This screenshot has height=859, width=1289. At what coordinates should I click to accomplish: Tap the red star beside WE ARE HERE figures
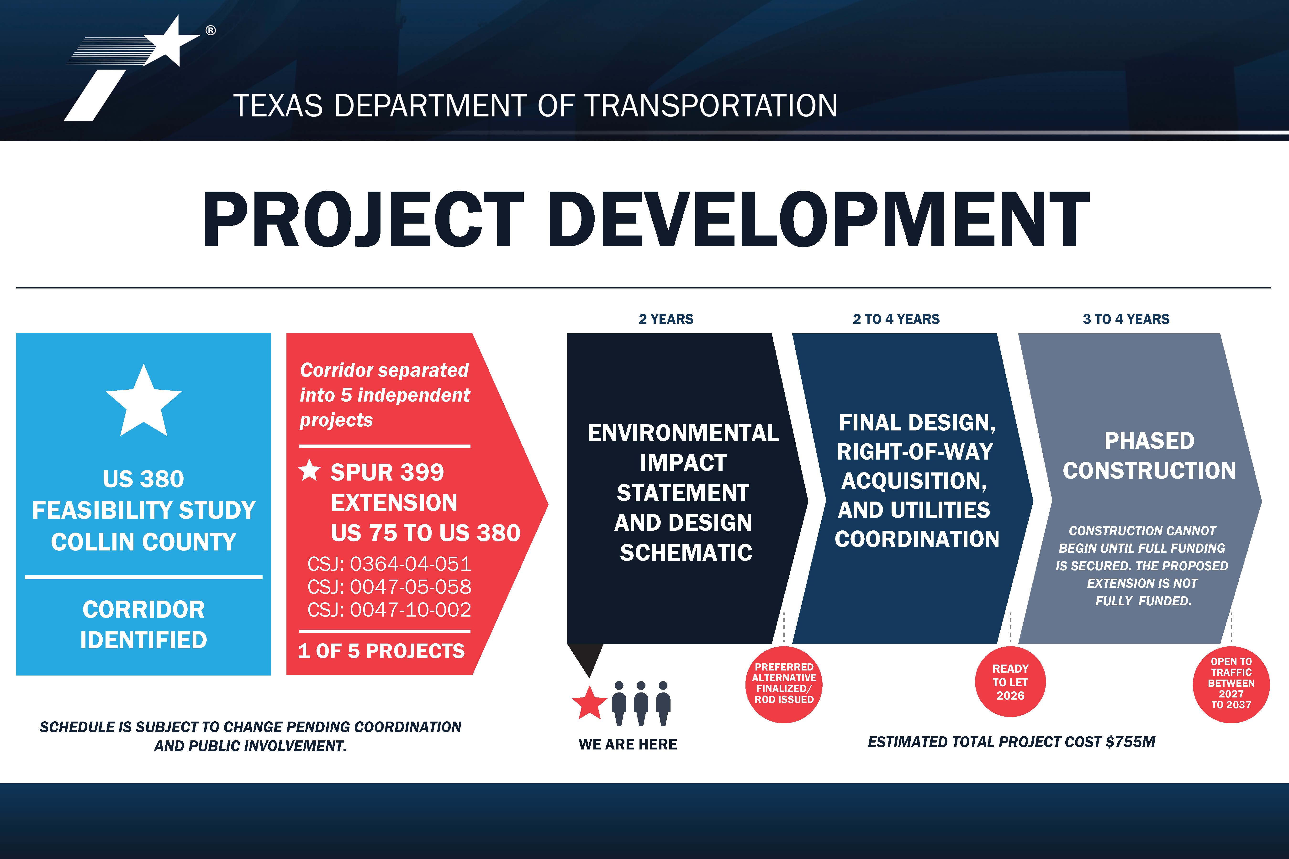pos(589,703)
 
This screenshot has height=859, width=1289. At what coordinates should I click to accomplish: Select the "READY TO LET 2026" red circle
pos(1010,682)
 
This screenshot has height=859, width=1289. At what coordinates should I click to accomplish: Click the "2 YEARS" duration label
pos(666,319)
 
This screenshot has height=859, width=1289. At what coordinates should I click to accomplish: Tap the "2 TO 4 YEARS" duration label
pos(896,319)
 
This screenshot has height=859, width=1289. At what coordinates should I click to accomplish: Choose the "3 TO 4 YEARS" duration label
pos(1126,319)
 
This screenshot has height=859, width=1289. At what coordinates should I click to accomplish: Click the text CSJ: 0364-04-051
pos(389,564)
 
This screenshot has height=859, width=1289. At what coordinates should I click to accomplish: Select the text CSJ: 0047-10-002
pos(389,610)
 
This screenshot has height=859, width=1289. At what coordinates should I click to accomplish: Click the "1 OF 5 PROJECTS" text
pos(381,651)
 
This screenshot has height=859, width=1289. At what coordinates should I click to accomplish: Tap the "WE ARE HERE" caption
pos(628,744)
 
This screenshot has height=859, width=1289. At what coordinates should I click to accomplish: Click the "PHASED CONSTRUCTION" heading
pos(1149,455)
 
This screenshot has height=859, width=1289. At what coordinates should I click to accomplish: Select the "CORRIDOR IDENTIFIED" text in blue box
pos(144,624)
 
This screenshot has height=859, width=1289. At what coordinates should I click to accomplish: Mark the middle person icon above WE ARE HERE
pos(641,703)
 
